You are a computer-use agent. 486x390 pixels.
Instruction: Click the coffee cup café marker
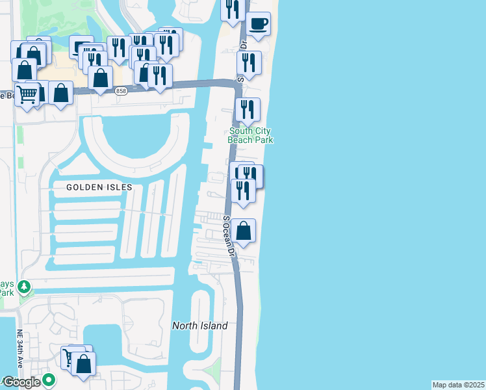tap(259, 25)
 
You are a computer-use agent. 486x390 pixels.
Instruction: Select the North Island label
tap(199, 326)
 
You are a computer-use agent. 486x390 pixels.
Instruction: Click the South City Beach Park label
tap(250, 135)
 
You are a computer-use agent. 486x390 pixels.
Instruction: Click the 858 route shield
tap(121, 92)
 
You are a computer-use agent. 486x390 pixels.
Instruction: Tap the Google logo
tap(21, 382)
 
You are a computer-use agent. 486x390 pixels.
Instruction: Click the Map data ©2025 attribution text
tap(458, 385)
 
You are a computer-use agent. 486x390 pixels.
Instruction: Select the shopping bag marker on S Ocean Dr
tap(243, 231)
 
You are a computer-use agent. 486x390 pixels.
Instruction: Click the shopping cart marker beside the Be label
tap(27, 95)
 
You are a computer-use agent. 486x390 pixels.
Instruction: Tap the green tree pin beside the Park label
tap(24, 286)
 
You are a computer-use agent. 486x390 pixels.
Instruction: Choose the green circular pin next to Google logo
tap(49, 380)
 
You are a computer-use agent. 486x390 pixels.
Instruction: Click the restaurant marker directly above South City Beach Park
tap(248, 110)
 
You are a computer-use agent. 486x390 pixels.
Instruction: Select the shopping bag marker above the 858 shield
tap(101, 78)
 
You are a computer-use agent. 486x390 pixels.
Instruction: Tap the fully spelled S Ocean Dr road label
tap(229, 235)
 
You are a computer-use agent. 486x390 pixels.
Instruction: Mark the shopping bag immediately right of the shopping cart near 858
tap(60, 93)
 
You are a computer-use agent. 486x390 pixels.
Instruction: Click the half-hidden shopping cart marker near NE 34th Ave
tap(68, 356)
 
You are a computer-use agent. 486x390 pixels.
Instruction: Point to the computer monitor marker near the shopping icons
tap(80, 47)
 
